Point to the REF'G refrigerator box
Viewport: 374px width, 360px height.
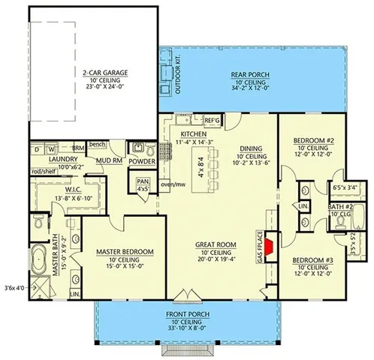pos(211,120)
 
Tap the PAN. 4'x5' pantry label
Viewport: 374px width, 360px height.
pos(143,184)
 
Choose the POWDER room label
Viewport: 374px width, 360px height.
pos(142,160)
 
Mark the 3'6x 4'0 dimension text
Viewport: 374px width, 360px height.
pos(14,287)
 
